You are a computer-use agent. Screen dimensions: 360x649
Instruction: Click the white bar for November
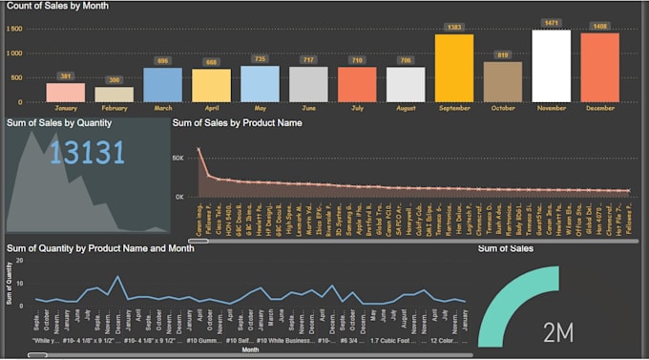coord(551,66)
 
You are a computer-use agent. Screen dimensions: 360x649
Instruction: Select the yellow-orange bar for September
coord(453,68)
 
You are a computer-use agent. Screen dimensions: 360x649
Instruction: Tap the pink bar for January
coord(65,92)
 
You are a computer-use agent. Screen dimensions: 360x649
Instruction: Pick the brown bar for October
coord(502,81)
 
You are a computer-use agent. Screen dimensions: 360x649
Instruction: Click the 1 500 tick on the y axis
coord(14,29)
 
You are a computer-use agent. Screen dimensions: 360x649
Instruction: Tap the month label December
coord(599,108)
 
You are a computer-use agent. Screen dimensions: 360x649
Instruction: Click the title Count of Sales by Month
coord(57,6)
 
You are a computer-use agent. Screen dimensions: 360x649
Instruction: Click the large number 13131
coord(88,152)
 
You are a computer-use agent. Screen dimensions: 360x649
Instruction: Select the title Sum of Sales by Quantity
coord(59,122)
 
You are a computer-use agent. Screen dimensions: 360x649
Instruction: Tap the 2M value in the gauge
coord(557,331)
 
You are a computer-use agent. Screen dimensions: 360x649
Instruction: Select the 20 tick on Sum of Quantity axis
coord(32,260)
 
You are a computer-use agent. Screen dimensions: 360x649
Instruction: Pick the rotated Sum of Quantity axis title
coord(10,287)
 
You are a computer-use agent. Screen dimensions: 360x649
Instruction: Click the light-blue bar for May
coord(259,83)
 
